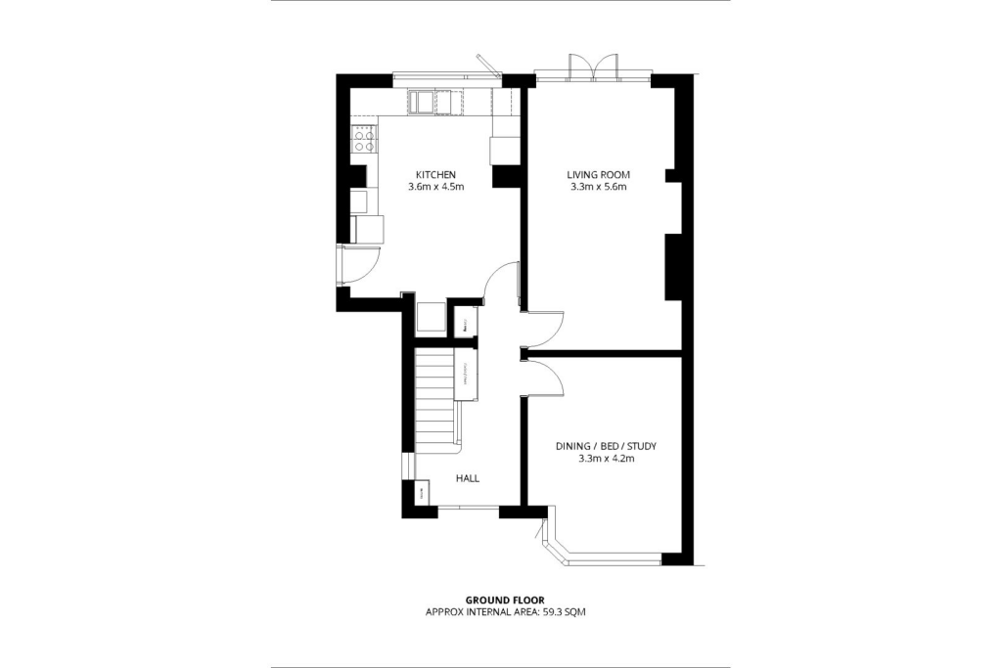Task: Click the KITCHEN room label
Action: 435,175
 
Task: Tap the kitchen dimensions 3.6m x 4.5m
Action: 435,186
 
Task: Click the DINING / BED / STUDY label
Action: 606,446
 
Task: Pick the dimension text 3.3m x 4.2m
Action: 606,458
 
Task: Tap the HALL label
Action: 467,478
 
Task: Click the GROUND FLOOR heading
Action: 505,600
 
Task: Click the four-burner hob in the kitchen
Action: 364,139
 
